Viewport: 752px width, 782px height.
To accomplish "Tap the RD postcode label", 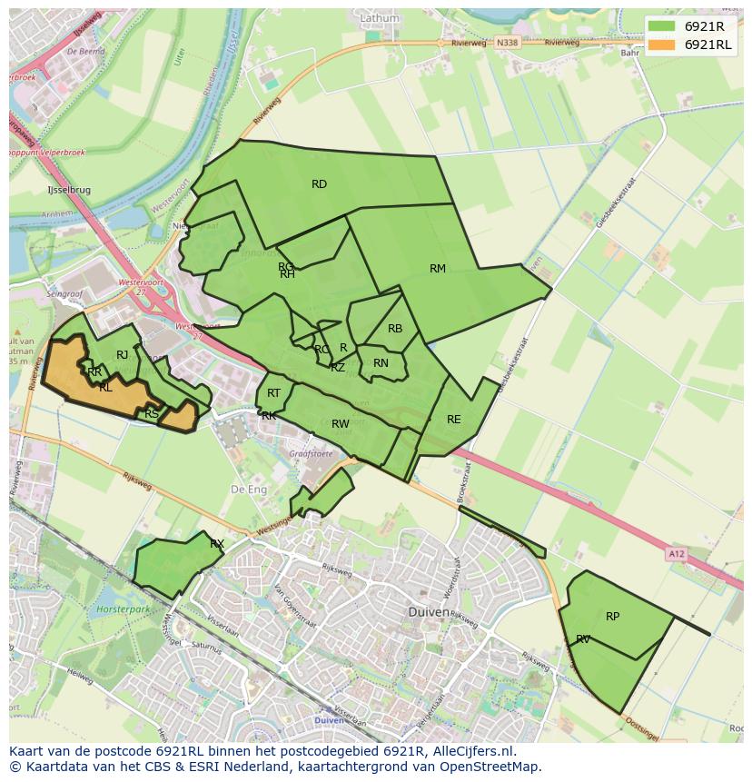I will click(x=319, y=184).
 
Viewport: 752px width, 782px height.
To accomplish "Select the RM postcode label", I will click(x=438, y=268).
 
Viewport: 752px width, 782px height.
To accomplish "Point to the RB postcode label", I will click(x=395, y=329).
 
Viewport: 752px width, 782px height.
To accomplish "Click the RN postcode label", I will click(x=381, y=363).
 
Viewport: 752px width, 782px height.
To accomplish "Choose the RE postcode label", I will click(x=453, y=420).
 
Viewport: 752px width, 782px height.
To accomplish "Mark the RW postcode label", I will click(x=341, y=424).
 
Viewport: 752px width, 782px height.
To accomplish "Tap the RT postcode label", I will click(x=273, y=392).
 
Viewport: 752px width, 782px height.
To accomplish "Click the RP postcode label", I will click(x=612, y=617).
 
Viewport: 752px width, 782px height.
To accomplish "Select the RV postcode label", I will click(x=583, y=639).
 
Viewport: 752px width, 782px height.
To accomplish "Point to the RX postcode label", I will click(x=217, y=544).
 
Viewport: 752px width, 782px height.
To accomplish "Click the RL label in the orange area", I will click(x=105, y=388).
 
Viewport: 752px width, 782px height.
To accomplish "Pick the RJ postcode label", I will click(x=122, y=355).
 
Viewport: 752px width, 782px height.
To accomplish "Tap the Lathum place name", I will click(x=379, y=17).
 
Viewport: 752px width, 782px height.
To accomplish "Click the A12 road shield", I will click(x=675, y=553).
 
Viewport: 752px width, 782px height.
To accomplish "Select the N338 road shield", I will click(x=510, y=43).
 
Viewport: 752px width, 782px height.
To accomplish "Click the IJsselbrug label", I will click(x=69, y=190).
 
